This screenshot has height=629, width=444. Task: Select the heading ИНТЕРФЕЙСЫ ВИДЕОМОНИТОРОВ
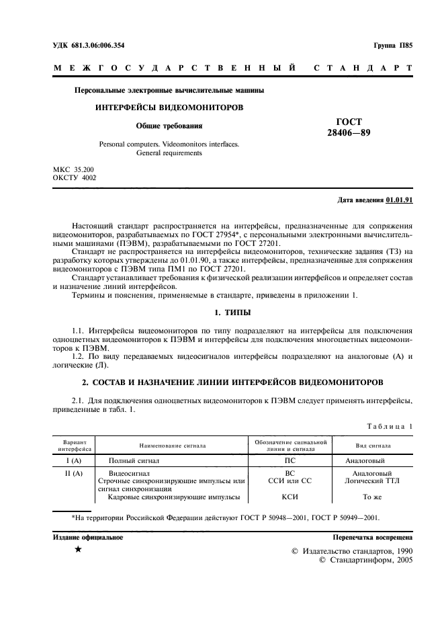[169, 108]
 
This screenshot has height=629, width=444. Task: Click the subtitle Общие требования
[169, 126]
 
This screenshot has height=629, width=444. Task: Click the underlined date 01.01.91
[400, 200]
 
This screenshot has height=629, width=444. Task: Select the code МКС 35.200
[74, 169]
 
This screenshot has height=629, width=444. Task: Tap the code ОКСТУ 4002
[75, 177]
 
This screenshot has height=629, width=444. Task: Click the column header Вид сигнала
[373, 446]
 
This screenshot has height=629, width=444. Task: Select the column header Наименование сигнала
[173, 446]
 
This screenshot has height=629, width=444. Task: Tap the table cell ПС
[291, 461]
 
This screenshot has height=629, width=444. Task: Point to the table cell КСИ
[291, 497]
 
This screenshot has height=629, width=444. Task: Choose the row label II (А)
[72, 474]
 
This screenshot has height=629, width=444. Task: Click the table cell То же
[373, 497]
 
